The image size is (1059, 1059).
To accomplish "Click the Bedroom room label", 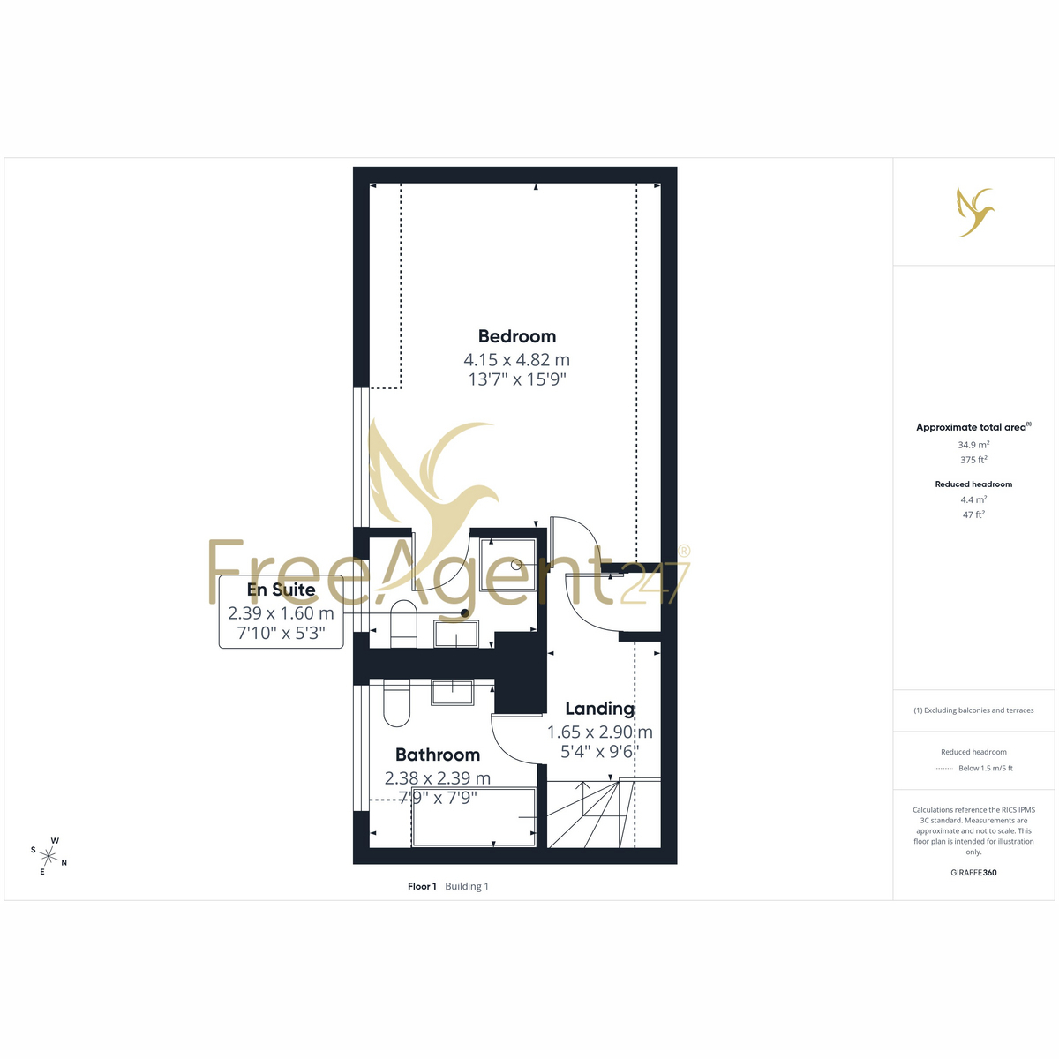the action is tap(516, 335).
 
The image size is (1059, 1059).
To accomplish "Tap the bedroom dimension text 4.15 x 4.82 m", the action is tap(516, 359).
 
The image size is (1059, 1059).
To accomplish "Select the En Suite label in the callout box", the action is tap(281, 590).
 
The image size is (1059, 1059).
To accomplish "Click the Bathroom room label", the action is tap(438, 755).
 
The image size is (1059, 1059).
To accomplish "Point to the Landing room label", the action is tap(599, 709).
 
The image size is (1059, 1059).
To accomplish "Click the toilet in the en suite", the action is tap(404, 623).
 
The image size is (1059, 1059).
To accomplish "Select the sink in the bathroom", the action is tap(452, 692).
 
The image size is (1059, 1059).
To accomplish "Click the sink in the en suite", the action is tap(456, 634).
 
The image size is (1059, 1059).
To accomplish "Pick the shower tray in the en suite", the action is tap(507, 566).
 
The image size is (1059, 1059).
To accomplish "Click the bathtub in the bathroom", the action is tap(474, 817).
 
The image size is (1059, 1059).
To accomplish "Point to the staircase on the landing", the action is tap(604, 813).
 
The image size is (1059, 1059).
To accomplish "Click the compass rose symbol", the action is tap(49, 856).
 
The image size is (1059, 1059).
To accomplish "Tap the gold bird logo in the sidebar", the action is tap(975, 212).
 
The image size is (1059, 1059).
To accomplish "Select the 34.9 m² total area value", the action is tap(973, 445).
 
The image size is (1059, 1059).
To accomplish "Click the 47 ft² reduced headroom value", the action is tap(973, 514).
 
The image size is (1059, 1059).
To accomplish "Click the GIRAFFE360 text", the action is tap(973, 872).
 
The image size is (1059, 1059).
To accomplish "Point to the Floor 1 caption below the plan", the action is tap(422, 886).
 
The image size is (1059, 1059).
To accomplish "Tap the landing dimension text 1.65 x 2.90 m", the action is tap(599, 732).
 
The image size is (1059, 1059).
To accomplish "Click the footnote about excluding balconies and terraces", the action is tap(973, 710).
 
